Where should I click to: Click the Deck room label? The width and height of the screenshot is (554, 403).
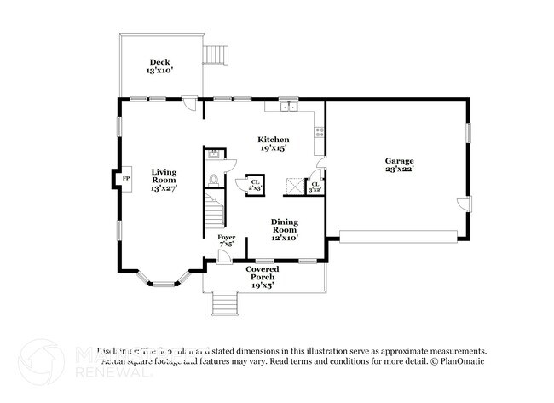pyautogui.click(x=160, y=66)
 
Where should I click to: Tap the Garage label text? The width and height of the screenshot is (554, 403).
pyautogui.click(x=399, y=165)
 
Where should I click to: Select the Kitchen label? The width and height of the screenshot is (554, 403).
pyautogui.click(x=274, y=143)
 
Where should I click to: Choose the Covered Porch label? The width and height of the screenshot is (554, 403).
pyautogui.click(x=263, y=277)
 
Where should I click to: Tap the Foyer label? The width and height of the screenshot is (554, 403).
pyautogui.click(x=226, y=241)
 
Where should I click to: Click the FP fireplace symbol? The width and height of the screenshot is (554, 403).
pyautogui.click(x=125, y=178)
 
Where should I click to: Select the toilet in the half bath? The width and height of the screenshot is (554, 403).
pyautogui.click(x=215, y=181)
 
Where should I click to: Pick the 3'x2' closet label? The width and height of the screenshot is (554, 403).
pyautogui.click(x=315, y=187)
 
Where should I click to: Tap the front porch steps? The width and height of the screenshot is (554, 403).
pyautogui.click(x=223, y=302)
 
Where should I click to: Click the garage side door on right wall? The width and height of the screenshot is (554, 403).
pyautogui.click(x=462, y=204)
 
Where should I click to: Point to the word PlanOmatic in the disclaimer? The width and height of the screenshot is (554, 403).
pyautogui.click(x=461, y=361)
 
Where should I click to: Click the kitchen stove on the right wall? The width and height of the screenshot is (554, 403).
pyautogui.click(x=319, y=132)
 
